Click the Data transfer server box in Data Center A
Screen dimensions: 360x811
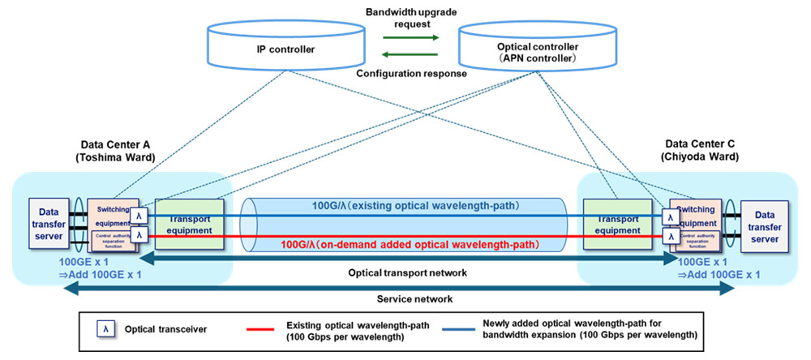tap(49, 221)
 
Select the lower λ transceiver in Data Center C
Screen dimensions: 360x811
tap(670, 236)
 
